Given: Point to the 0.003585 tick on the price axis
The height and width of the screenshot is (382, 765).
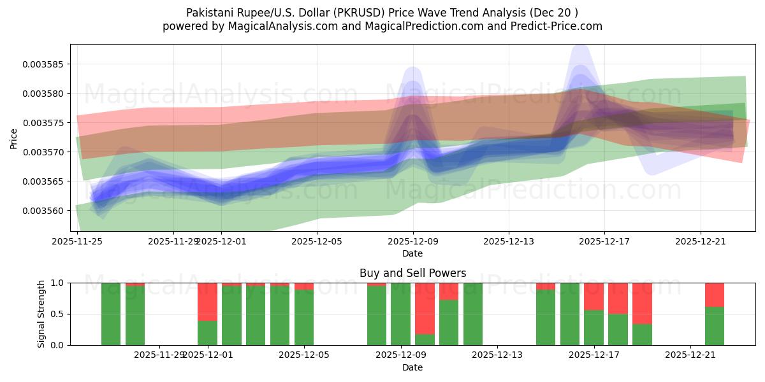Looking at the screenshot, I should point(45,64).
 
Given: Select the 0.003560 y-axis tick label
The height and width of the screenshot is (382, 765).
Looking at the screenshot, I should point(45,211).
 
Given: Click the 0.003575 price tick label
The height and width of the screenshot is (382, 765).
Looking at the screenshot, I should point(45,123).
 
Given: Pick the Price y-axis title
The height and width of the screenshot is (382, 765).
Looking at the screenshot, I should point(14,138).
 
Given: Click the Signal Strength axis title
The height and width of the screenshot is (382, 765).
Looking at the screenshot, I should point(41,314).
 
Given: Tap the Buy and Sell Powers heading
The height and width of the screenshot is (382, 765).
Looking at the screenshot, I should point(412,273).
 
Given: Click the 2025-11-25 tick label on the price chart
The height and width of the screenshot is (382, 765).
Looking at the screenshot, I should point(77,241).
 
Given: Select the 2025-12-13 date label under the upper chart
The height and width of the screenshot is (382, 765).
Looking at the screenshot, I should point(509,241).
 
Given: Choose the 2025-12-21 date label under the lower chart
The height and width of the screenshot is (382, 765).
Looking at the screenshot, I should point(691,355).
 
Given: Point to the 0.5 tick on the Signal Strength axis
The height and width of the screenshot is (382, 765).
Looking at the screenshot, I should point(57,314).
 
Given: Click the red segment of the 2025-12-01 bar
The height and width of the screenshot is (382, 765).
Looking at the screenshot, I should point(207,302).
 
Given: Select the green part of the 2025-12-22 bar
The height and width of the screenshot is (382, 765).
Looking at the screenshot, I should point(715,326).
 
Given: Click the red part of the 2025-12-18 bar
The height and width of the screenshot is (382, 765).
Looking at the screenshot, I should point(618,298).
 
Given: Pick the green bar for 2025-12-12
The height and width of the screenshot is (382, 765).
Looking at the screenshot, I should point(473,314).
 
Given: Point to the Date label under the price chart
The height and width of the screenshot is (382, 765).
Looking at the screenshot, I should point(412,253).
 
